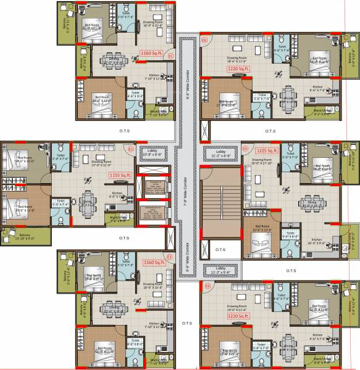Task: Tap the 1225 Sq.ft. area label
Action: pos(268,150)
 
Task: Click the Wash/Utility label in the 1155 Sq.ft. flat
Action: pos(119,217)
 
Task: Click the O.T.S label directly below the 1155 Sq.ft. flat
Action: pos(123,237)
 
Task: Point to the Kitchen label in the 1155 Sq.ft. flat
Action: pos(117,194)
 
